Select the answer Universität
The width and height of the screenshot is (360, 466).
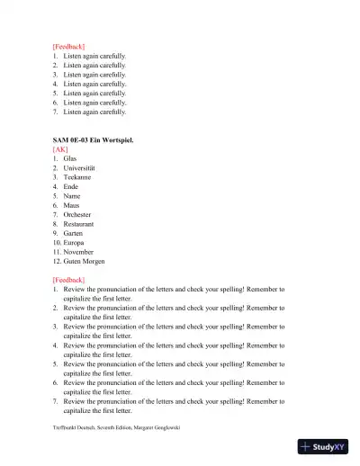point(83,168)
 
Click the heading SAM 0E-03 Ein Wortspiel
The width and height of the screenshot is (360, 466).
point(95,139)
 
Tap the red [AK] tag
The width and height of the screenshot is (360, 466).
point(60,148)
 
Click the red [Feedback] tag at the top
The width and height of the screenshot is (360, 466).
point(68,45)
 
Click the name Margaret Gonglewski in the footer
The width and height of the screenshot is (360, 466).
point(154,427)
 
